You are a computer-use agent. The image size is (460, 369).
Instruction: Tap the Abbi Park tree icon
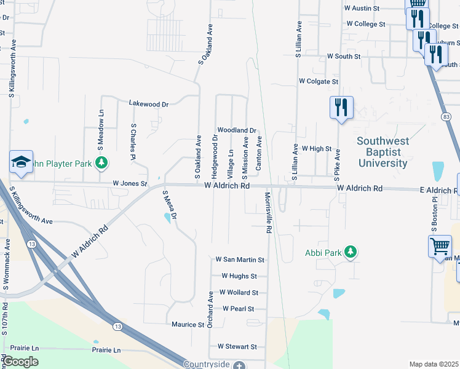pyautogui.click(x=351, y=252)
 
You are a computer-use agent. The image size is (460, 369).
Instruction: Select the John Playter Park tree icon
pyautogui.click(x=101, y=163)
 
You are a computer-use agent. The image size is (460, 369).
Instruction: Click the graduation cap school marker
pyautogui.click(x=21, y=162)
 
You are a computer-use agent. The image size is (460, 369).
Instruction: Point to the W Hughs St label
pyautogui.click(x=239, y=277)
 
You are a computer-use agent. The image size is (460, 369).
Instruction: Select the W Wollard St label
pyautogui.click(x=238, y=293)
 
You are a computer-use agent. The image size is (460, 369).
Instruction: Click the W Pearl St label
pyautogui.click(x=238, y=309)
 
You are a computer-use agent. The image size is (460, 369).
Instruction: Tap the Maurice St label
pyautogui.click(x=188, y=324)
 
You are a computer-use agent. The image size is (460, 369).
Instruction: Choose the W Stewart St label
pyautogui.click(x=237, y=347)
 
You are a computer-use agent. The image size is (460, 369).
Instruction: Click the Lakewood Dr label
pyautogui.click(x=148, y=105)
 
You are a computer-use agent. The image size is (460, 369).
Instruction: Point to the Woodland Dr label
pyautogui.click(x=236, y=130)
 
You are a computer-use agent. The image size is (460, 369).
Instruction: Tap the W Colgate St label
pyautogui.click(x=318, y=81)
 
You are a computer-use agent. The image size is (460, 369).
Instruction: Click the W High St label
pyautogui.click(x=316, y=149)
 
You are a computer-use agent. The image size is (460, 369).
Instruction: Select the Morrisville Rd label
pyautogui.click(x=268, y=212)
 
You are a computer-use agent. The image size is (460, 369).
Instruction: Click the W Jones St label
pyautogui.click(x=130, y=183)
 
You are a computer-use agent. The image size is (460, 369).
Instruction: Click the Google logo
pyautogui.click(x=20, y=362)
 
